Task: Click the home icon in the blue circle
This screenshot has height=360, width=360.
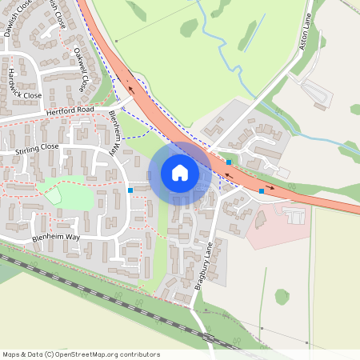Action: (x=180, y=172)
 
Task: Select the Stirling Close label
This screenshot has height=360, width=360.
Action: (x=38, y=149)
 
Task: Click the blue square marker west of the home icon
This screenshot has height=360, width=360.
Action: (x=130, y=190)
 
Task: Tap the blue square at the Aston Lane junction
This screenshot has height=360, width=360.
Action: (x=230, y=162)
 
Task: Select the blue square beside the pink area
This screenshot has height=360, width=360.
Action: (x=262, y=192)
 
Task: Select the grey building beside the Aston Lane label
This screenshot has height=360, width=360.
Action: (x=316, y=92)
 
